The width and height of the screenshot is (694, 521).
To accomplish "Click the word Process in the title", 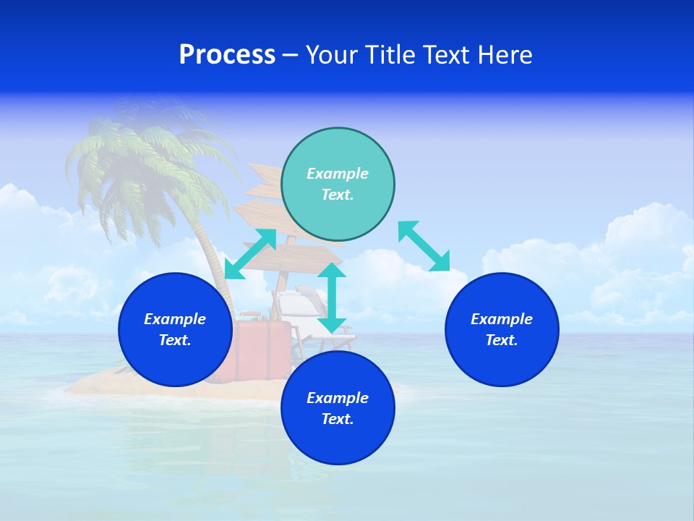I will [x=227, y=55].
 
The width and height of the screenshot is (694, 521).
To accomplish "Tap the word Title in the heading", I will [x=389, y=55].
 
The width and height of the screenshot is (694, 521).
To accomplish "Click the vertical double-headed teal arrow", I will [x=332, y=298].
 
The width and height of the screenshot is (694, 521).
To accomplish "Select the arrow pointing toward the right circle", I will [x=424, y=247].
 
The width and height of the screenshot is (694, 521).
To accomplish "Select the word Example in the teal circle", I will [x=338, y=174].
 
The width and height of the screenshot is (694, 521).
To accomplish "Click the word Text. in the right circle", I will [x=502, y=340].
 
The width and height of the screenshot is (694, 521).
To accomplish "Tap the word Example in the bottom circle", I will [x=338, y=398].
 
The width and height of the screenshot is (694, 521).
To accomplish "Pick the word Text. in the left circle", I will [x=175, y=340].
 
